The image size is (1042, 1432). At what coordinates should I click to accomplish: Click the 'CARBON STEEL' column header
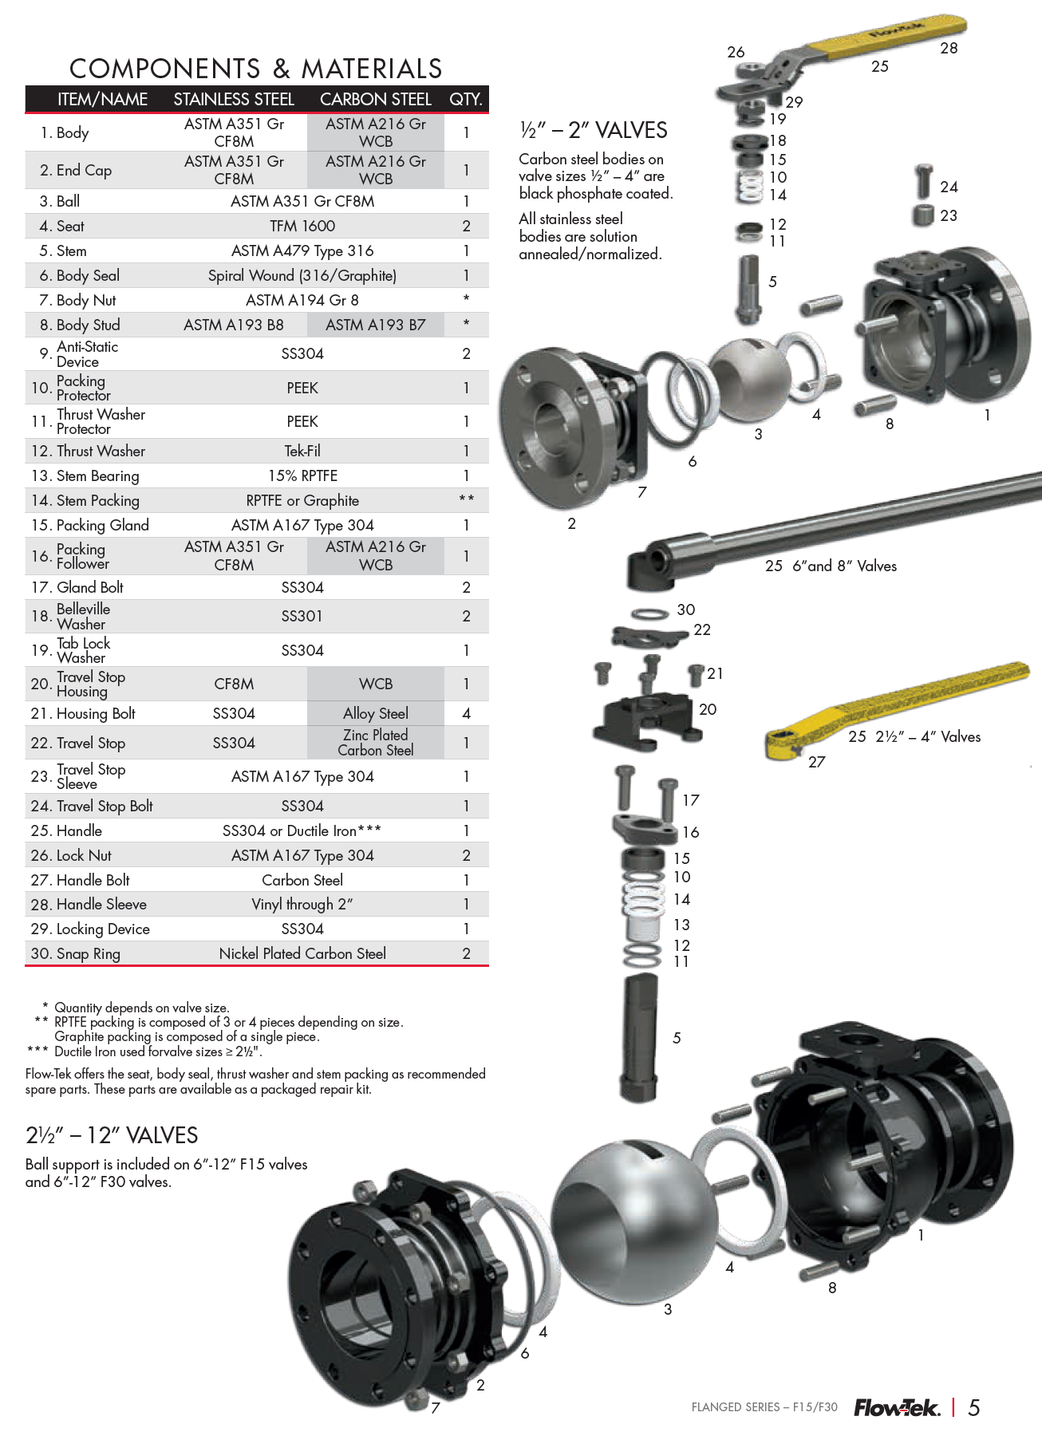pos(375,100)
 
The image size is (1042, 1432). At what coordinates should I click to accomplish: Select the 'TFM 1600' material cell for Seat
pos(302,227)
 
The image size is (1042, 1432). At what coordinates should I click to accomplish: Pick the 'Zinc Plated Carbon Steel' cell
pos(375,743)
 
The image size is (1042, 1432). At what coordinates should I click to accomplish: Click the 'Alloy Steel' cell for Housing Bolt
pos(375,713)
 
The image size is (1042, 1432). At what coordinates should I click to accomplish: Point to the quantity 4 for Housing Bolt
pos(466,713)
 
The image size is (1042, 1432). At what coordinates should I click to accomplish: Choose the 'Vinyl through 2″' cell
pos(302,905)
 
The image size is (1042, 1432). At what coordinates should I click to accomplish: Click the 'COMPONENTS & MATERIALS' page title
pos(255,69)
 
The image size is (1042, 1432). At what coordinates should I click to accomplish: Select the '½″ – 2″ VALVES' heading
pos(594,130)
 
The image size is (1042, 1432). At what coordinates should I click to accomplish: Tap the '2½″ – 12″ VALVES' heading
pos(112,1135)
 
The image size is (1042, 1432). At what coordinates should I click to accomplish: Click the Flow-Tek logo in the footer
pos(897,1408)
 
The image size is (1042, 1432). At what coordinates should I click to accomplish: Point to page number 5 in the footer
pos(973,1408)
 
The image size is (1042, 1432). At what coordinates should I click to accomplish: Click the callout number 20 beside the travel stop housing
pos(708,709)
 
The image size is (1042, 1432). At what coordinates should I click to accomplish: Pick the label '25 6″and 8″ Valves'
pos(831,566)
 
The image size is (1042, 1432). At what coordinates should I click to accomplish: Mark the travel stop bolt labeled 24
pos(924,181)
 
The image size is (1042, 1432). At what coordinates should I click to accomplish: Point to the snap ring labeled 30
pos(649,613)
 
